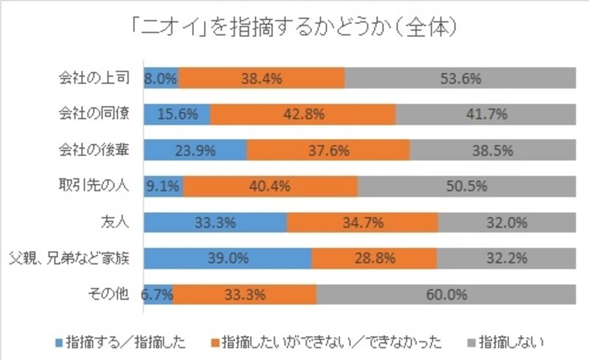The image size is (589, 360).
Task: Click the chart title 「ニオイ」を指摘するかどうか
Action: [x=294, y=28]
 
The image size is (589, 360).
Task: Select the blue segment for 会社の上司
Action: [x=161, y=78]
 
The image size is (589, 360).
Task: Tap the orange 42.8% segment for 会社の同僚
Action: [x=303, y=114]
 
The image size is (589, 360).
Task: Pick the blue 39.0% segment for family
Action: [x=228, y=258]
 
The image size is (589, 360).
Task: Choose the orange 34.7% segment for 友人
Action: [x=362, y=222]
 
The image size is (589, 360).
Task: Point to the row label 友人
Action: [x=117, y=222]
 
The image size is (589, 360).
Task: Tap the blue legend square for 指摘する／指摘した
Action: [x=59, y=342]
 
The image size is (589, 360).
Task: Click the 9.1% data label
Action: [x=162, y=186]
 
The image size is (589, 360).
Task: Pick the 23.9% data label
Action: [x=195, y=150]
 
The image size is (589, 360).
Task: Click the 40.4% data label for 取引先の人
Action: [x=269, y=186]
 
